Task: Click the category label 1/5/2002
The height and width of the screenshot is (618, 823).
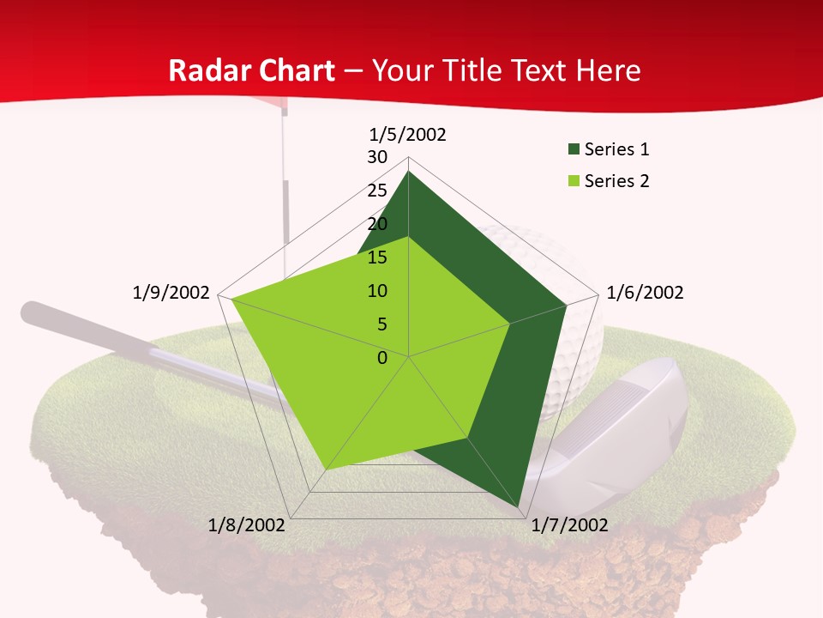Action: pyautogui.click(x=408, y=135)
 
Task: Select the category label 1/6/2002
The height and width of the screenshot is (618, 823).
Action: pyautogui.click(x=645, y=293)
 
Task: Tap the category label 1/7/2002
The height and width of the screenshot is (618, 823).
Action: pyautogui.click(x=569, y=525)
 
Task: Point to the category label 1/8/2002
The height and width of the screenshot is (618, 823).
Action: pyautogui.click(x=247, y=525)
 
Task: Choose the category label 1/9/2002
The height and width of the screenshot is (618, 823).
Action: pyautogui.click(x=171, y=293)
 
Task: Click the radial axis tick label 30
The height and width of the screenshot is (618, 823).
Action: pyautogui.click(x=377, y=157)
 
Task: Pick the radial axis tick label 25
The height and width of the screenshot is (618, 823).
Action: pyautogui.click(x=377, y=191)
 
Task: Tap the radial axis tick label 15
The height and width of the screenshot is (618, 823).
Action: pyautogui.click(x=377, y=257)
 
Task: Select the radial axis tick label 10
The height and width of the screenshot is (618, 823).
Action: pyautogui.click(x=377, y=291)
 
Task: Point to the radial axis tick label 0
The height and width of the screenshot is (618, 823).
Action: pyautogui.click(x=382, y=358)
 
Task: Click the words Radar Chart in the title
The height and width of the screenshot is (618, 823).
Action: pyautogui.click(x=251, y=70)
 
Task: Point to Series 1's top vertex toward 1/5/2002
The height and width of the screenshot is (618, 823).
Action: pyautogui.click(x=408, y=172)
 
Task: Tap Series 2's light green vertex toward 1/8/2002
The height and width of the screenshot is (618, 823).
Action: pyautogui.click(x=326, y=470)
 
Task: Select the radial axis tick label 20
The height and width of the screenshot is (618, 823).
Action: pyautogui.click(x=377, y=224)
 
